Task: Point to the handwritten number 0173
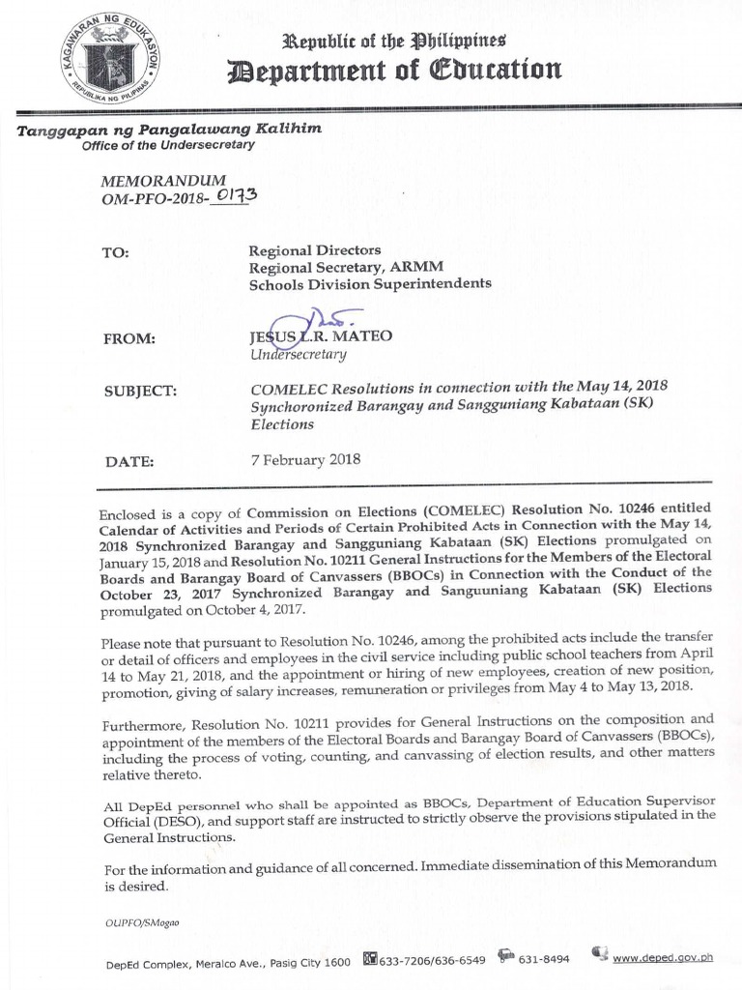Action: coord(233,197)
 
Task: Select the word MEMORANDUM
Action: coord(164,181)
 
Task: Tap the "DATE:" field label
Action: coord(129,461)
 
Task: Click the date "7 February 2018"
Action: coord(305,459)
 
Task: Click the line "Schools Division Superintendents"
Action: coord(370,283)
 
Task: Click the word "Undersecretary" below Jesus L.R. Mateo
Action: coord(298,355)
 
